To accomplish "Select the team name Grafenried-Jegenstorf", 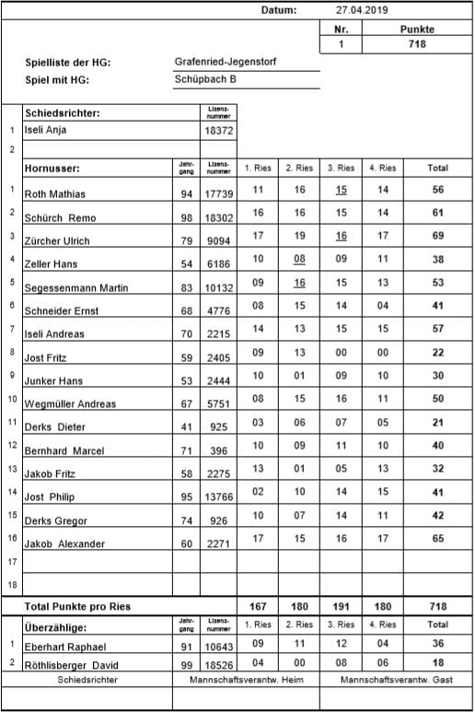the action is tap(226, 62).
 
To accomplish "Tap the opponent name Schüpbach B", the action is tap(205, 79).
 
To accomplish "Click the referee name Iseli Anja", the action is tap(52, 131).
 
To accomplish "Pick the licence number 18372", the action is tap(218, 132).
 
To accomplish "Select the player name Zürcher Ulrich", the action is tap(57, 241).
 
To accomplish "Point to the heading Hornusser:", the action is tap(52, 169).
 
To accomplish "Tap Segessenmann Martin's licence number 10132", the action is tap(218, 287).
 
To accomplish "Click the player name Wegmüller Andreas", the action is tap(70, 403).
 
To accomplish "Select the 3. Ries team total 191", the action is tap(341, 607).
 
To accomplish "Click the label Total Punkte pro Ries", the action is tap(77, 607).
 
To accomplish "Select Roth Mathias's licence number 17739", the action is tap(218, 193).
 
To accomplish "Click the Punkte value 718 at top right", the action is tap(417, 43).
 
